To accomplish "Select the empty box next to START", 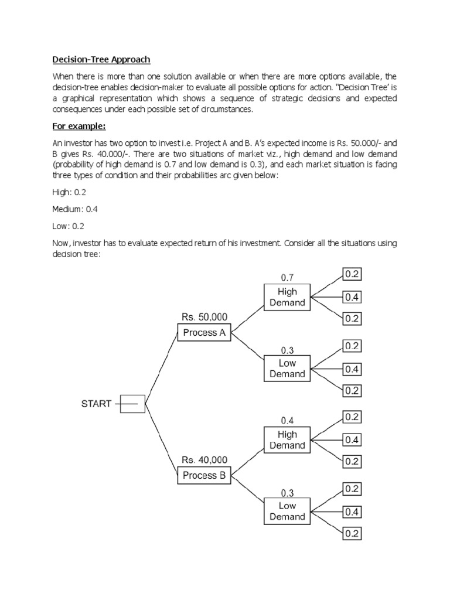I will pos(133,404).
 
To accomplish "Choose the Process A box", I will pos(204,333).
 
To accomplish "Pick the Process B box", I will pos(204,476).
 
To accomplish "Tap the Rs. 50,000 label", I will pos(204,316).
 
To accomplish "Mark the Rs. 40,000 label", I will pos(204,460).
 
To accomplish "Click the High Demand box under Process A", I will pos(287,297).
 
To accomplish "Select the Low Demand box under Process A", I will pos(287,369).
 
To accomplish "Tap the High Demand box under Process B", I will pos(287,440).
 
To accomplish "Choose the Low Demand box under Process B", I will pos(287,511).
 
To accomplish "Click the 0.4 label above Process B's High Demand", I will pos(287,420).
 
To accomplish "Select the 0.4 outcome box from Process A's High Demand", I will pos(352,297).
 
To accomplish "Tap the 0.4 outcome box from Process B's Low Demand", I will pos(352,512).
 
